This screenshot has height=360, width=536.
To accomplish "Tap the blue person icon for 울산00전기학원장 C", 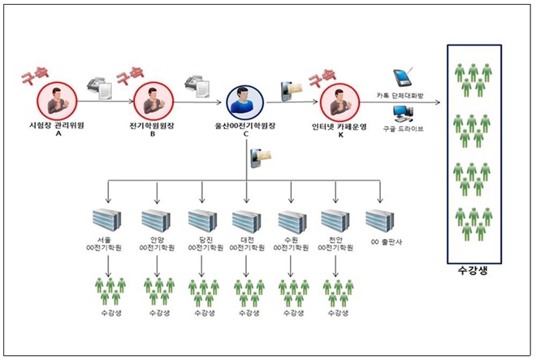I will pos(245,102).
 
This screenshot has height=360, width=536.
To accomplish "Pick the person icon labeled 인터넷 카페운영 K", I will pos(340,102).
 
